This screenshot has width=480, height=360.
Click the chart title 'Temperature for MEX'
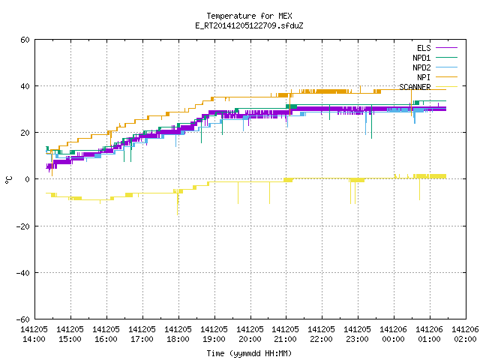tap(249, 16)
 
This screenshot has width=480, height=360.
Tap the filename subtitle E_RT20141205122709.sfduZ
tap(249, 25)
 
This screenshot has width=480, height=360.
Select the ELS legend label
tap(424, 48)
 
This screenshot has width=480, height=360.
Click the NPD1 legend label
tap(421, 58)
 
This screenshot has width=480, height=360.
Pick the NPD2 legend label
tap(421, 67)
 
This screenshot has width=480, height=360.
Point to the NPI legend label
tap(424, 77)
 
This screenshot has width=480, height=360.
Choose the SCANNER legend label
tap(415, 87)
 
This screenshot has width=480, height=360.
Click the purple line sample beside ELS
tap(446, 48)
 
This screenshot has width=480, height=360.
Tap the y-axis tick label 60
tap(25, 40)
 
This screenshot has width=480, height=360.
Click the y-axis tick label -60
tap(23, 319)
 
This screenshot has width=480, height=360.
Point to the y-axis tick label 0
tap(28, 179)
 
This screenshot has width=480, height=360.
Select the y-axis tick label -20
tap(23, 226)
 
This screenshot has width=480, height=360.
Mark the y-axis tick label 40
tap(25, 86)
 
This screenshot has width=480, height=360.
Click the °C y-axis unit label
tap(8, 180)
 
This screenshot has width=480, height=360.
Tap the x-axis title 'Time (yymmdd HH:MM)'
tap(249, 353)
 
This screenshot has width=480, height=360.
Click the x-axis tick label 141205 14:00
tap(34, 334)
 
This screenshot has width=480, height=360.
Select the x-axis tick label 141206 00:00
tap(393, 334)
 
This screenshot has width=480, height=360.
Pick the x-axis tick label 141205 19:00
tap(214, 334)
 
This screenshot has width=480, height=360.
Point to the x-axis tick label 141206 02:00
tap(465, 334)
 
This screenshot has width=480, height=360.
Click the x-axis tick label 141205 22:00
tap(322, 334)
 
